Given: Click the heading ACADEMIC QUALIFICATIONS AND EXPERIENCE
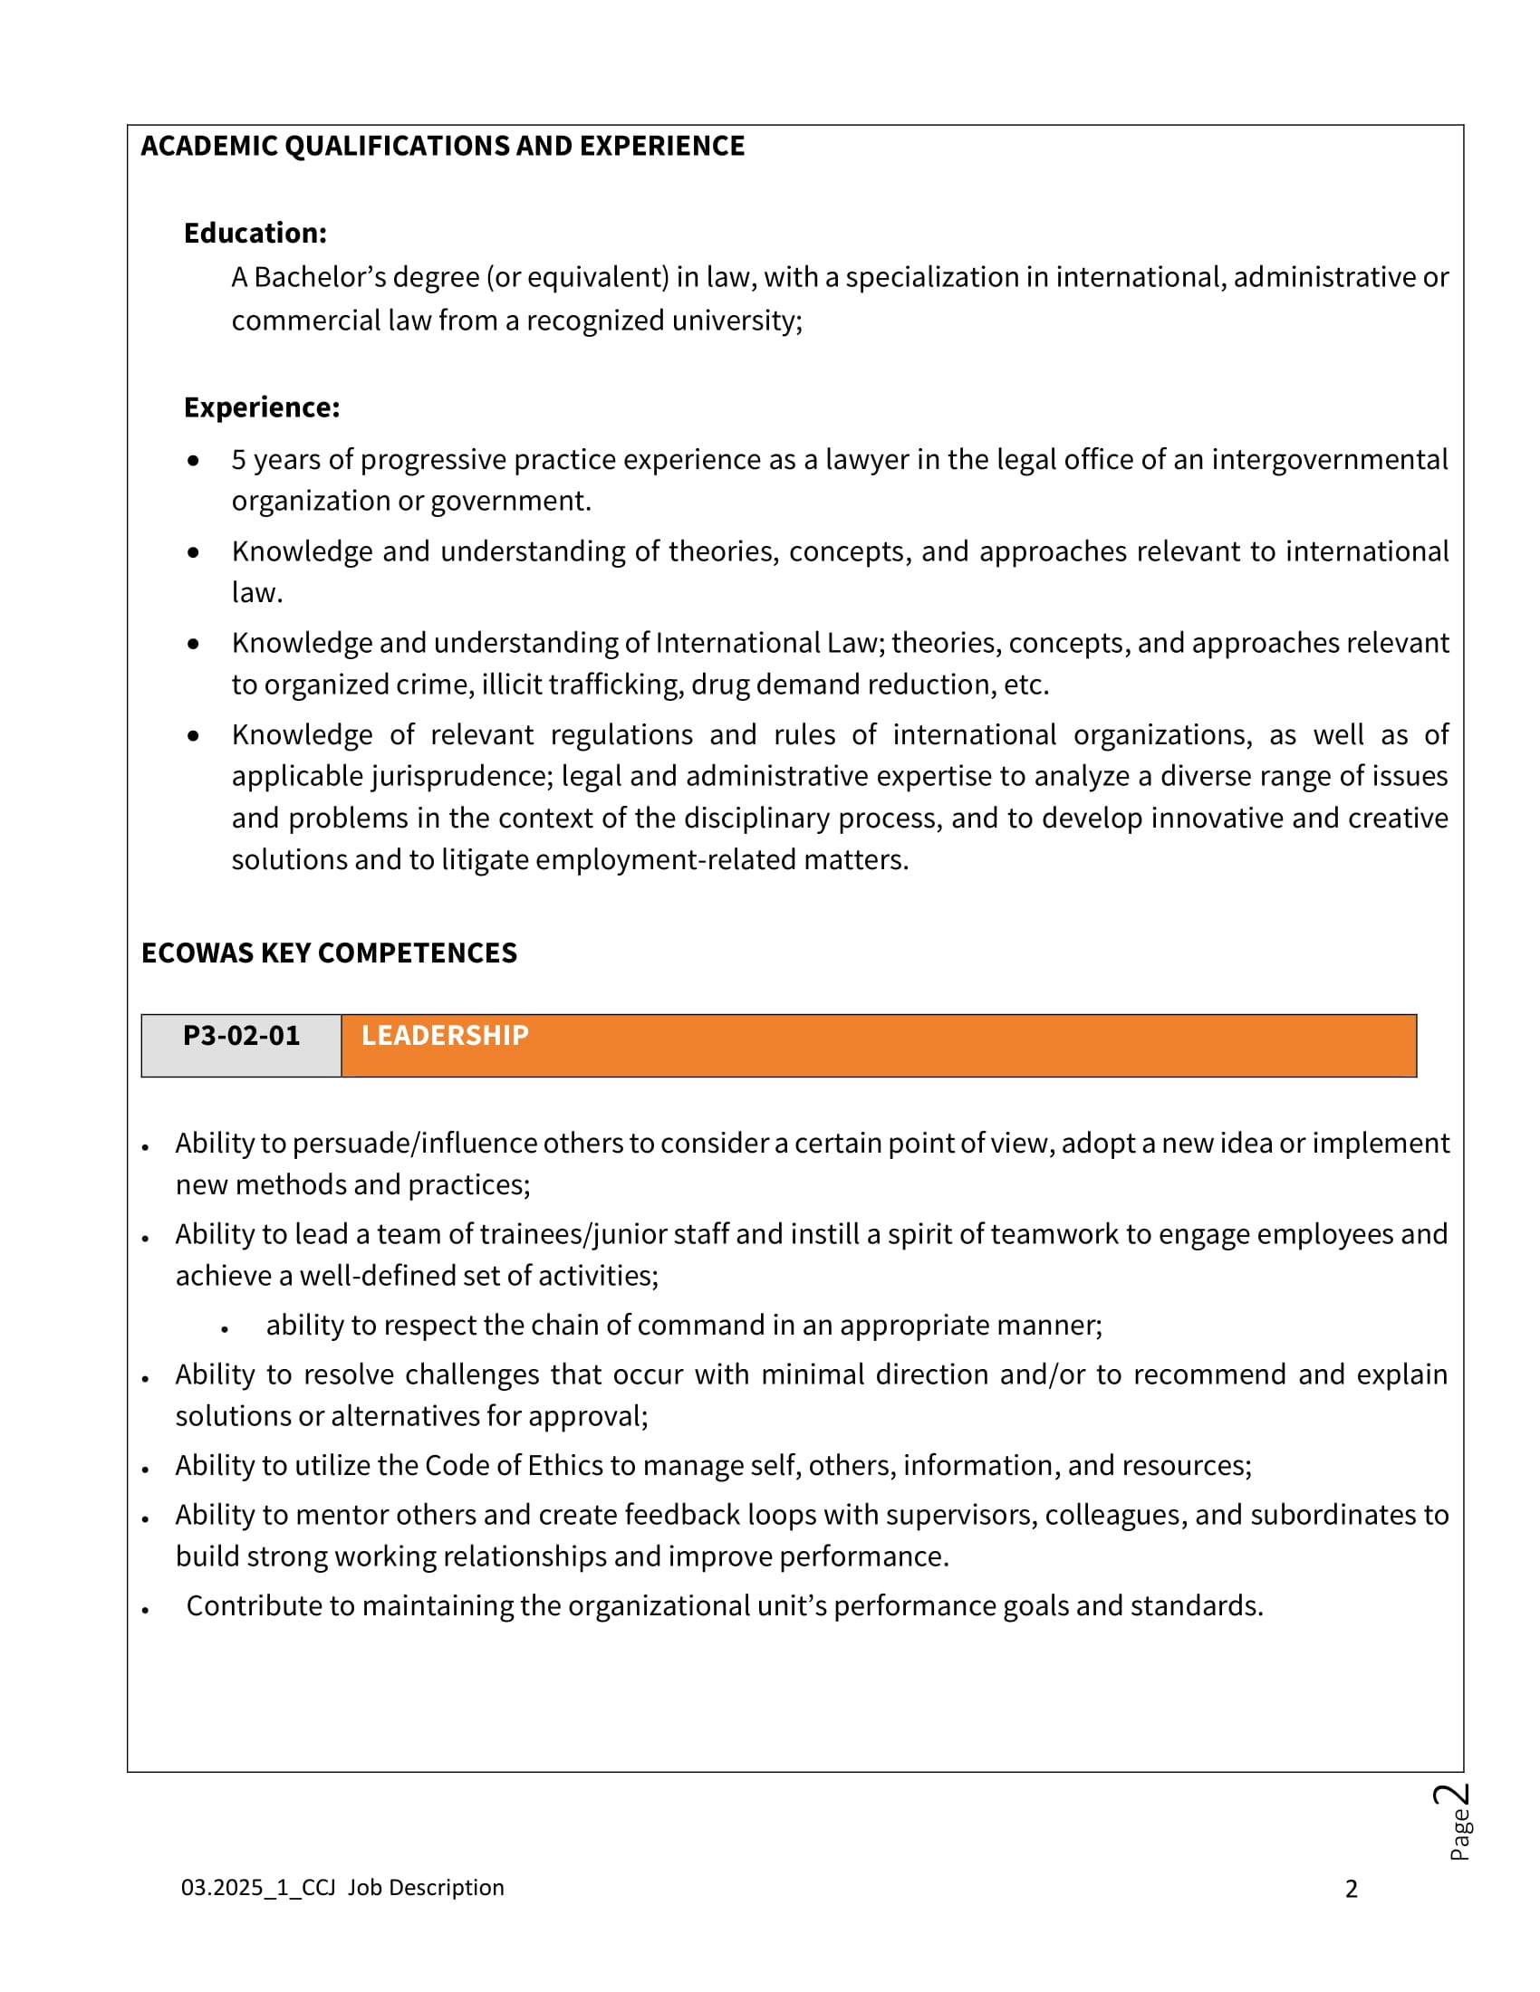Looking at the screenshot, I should point(442,146).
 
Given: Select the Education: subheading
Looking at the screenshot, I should point(255,234).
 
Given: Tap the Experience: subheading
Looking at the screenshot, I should point(262,407).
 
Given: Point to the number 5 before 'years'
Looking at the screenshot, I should point(239,460).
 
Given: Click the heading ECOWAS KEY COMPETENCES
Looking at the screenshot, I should point(329,953).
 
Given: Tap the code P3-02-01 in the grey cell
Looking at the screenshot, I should point(241,1036).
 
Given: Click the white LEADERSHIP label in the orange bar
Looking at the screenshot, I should point(444,1036).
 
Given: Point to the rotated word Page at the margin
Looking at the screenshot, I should point(1459,1834).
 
